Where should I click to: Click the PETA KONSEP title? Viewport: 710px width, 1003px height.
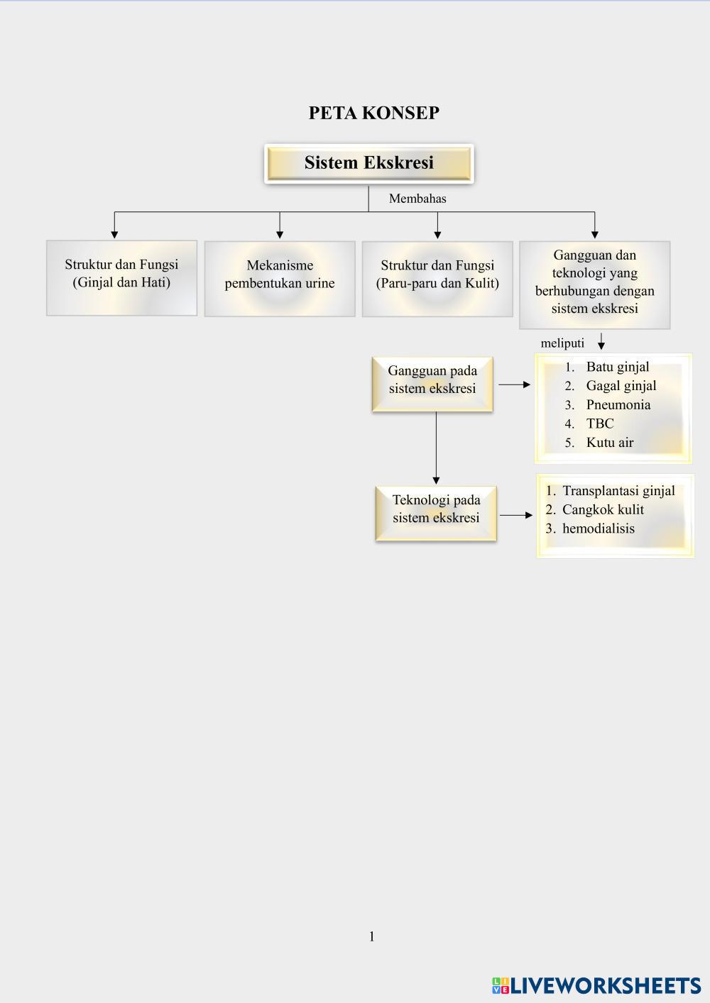click(373, 113)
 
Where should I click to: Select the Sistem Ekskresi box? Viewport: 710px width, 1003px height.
click(368, 163)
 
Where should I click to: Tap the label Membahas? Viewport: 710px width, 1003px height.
click(417, 199)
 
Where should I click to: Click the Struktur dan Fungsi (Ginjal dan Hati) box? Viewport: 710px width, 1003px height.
click(121, 277)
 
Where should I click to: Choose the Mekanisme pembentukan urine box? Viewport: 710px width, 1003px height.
click(280, 278)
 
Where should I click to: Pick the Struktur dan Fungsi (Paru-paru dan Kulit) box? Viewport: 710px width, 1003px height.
click(437, 278)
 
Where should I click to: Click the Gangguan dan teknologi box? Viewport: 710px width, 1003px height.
click(594, 284)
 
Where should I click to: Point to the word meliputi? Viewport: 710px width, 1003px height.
click(562, 343)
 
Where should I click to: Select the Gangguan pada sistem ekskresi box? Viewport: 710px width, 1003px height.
click(432, 384)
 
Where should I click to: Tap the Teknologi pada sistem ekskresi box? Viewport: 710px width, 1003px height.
click(436, 513)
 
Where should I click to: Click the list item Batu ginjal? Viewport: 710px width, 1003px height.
click(617, 367)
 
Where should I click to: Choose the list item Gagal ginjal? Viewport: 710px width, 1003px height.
click(621, 386)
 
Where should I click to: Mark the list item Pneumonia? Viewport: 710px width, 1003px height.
click(618, 405)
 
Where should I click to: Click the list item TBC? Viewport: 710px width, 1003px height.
click(600, 423)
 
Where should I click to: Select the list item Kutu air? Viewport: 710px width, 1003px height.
click(609, 443)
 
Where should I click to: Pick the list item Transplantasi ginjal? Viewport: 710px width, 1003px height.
click(618, 491)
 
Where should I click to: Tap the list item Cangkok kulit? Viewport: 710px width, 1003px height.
click(603, 509)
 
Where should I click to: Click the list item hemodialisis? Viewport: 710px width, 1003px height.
click(598, 528)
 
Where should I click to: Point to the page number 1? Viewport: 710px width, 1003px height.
click(371, 937)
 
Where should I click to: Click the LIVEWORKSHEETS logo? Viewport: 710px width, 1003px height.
click(596, 985)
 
